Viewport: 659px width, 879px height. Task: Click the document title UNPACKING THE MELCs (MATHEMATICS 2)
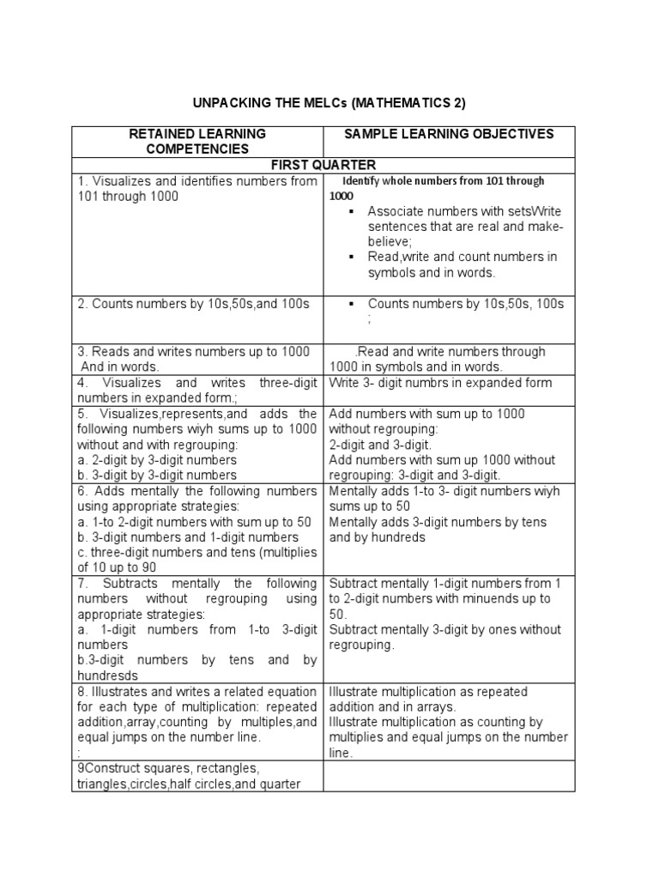(x=329, y=103)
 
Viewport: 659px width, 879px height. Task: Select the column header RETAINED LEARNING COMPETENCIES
(x=196, y=142)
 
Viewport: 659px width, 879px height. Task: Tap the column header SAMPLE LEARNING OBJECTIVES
(x=449, y=134)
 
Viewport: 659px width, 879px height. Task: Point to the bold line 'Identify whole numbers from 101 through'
(x=444, y=181)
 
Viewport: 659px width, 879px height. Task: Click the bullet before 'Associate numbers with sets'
(x=352, y=211)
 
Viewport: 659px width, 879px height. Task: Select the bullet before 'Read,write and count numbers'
(x=352, y=257)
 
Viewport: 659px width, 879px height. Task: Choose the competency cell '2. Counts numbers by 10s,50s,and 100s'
(x=190, y=303)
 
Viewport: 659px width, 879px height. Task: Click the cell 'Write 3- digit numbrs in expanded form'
(x=440, y=383)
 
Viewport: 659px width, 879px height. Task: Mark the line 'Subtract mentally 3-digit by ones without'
(x=440, y=629)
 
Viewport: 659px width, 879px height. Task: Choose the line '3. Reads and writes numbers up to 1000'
(x=193, y=352)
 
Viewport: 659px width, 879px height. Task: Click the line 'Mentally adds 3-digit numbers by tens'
(x=438, y=522)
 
